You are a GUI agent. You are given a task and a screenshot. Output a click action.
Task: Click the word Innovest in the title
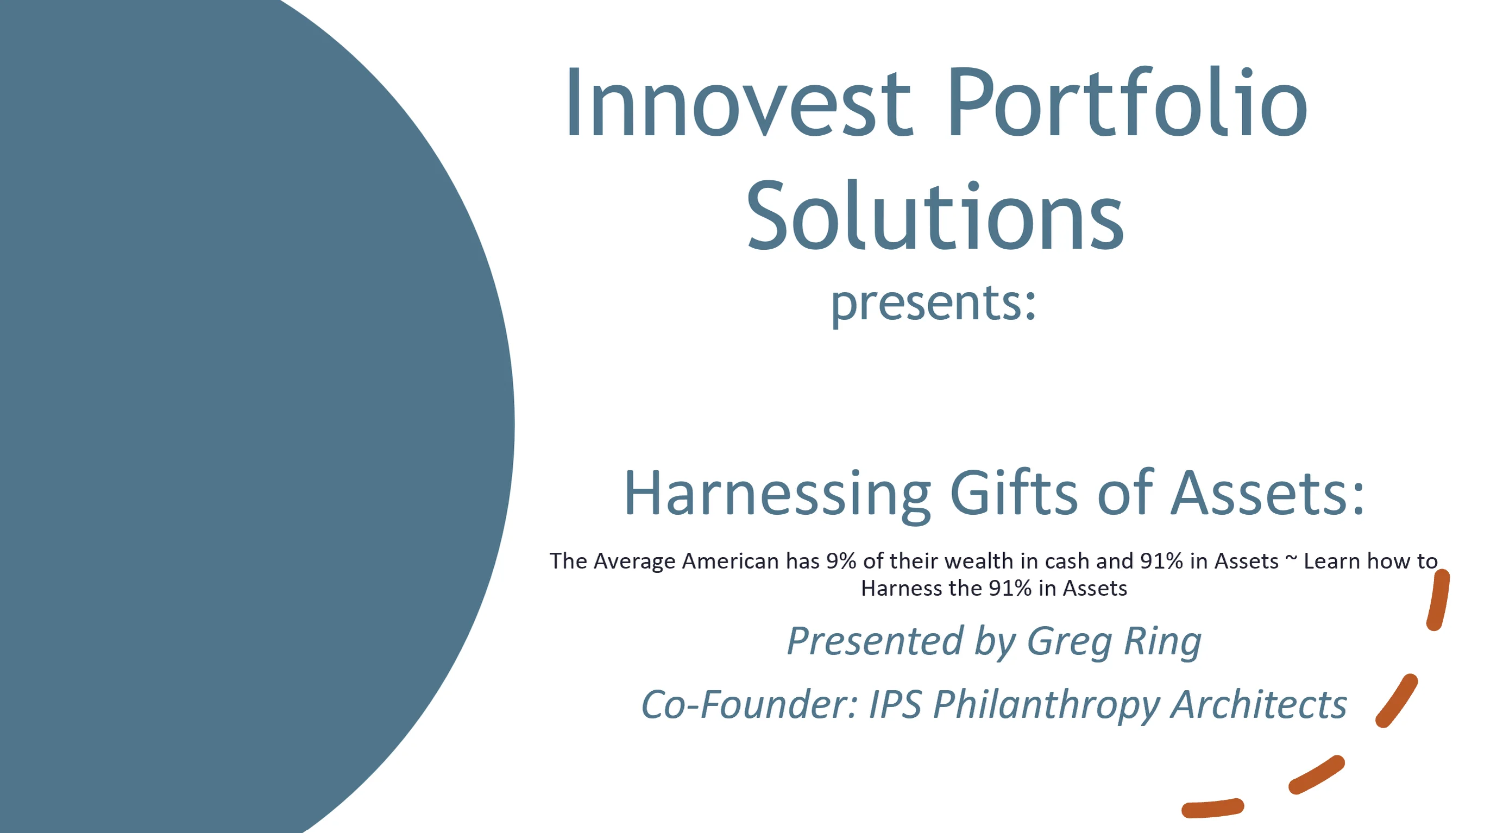click(738, 104)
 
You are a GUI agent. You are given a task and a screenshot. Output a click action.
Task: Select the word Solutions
click(935, 217)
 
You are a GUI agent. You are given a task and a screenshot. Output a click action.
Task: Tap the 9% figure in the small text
click(841, 561)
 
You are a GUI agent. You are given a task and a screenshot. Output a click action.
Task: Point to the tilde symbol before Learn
click(1291, 558)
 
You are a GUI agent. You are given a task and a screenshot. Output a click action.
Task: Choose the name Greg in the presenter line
click(1069, 642)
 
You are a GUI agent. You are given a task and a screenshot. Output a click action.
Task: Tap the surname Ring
click(1162, 642)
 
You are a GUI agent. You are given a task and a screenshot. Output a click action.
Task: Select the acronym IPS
click(895, 705)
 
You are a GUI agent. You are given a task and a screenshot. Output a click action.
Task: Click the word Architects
click(1259, 705)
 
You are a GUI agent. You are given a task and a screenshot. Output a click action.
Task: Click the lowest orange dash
click(1212, 808)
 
